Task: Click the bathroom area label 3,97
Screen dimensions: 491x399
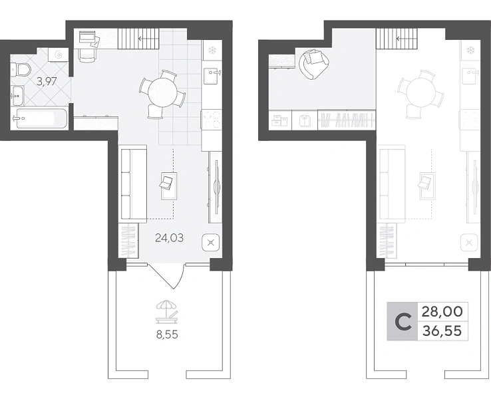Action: pyautogui.click(x=47, y=82)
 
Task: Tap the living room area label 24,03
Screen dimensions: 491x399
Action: pyautogui.click(x=170, y=238)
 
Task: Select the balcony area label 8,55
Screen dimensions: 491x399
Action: pyautogui.click(x=167, y=334)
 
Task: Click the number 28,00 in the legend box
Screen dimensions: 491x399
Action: pyautogui.click(x=442, y=312)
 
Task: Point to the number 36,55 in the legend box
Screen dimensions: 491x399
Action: pyautogui.click(x=442, y=331)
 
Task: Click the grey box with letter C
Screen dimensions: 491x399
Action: pyautogui.click(x=403, y=321)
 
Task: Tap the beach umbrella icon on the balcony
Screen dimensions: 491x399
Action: pyautogui.click(x=167, y=311)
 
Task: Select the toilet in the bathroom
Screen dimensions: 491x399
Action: pyautogui.click(x=20, y=69)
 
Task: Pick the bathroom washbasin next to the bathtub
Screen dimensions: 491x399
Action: pyautogui.click(x=17, y=96)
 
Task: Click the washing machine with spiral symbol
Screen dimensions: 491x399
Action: pyautogui.click(x=59, y=55)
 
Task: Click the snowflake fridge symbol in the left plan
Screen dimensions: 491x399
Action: pyautogui.click(x=212, y=50)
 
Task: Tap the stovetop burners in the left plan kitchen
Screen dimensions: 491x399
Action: pyautogui.click(x=212, y=120)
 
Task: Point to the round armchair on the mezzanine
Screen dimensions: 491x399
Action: pyautogui.click(x=314, y=65)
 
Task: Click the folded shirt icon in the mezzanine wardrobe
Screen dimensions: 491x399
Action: pyautogui.click(x=304, y=120)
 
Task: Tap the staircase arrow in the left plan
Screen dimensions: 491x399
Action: pyautogui.click(x=148, y=39)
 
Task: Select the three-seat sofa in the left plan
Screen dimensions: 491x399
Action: pyautogui.click(x=134, y=184)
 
